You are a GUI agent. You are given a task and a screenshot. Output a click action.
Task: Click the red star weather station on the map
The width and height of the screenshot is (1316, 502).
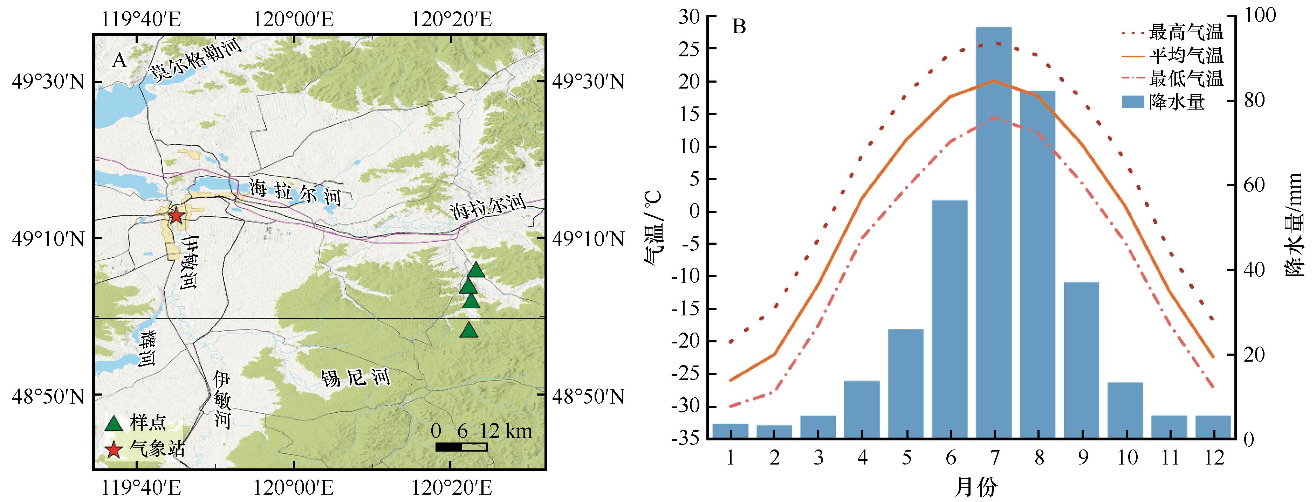pos(176,216)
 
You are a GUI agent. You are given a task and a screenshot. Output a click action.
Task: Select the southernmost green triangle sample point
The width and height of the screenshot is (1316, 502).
pos(469,330)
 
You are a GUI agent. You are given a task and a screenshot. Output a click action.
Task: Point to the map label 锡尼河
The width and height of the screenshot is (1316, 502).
pos(355,377)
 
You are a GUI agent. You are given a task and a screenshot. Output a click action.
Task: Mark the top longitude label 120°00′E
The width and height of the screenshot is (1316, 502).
pos(294,19)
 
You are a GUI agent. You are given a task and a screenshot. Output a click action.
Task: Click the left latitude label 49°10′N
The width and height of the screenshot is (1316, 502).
pos(48,238)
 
